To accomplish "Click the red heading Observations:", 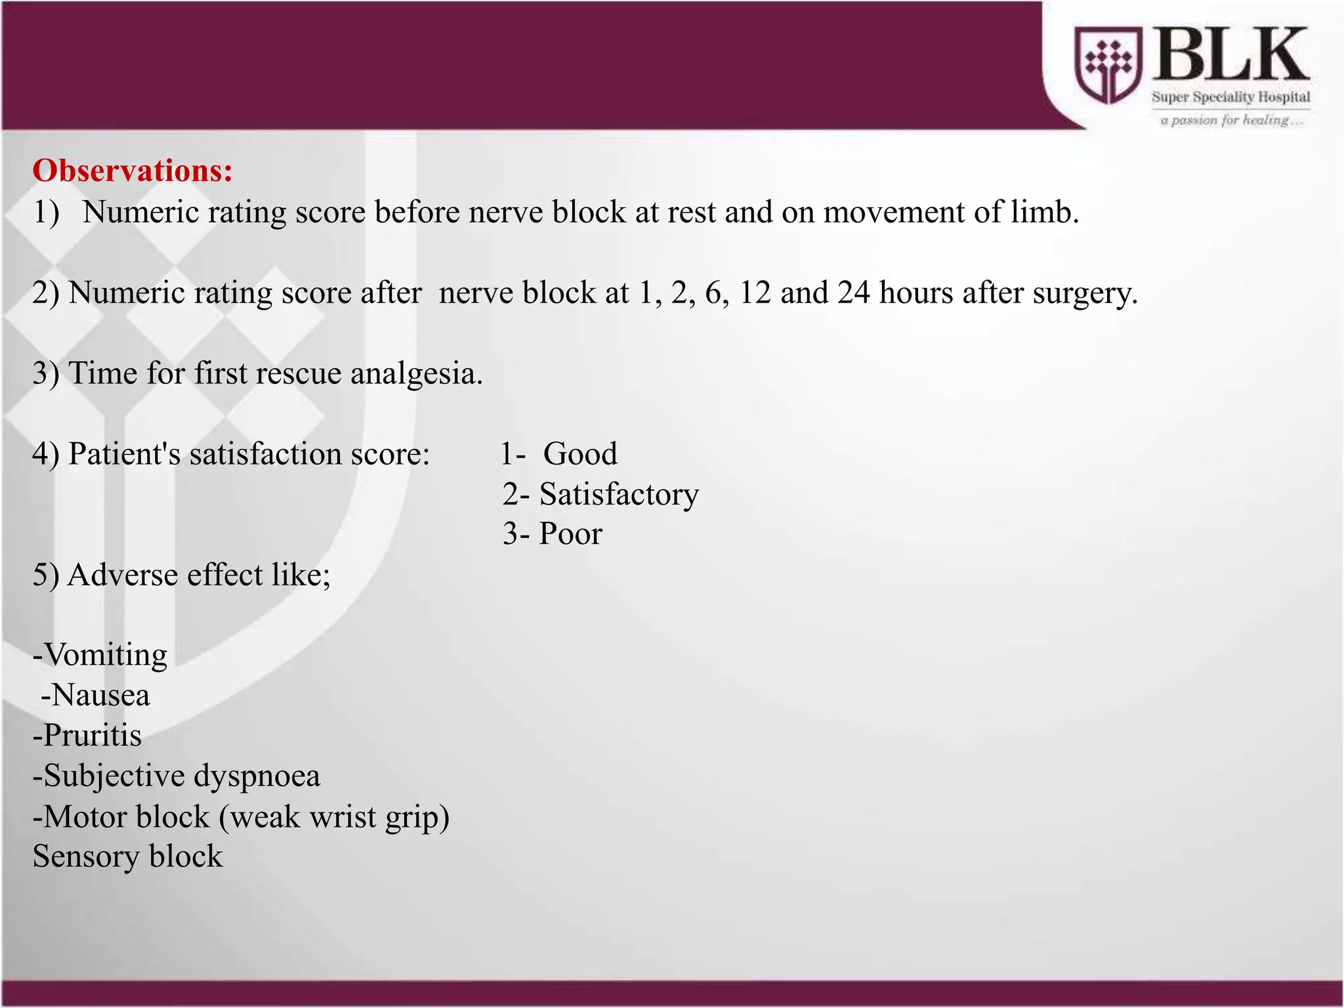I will tap(133, 171).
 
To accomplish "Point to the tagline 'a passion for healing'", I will tap(1230, 120).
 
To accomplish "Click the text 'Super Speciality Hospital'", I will tap(1230, 97).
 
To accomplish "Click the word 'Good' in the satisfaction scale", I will tap(580, 454).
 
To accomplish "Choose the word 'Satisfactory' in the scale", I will tap(619, 495).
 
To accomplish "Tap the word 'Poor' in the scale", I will tap(570, 534).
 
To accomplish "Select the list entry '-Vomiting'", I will tap(100, 655).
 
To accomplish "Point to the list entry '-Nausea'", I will tap(96, 696).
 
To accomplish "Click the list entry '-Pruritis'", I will tap(87, 736).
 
